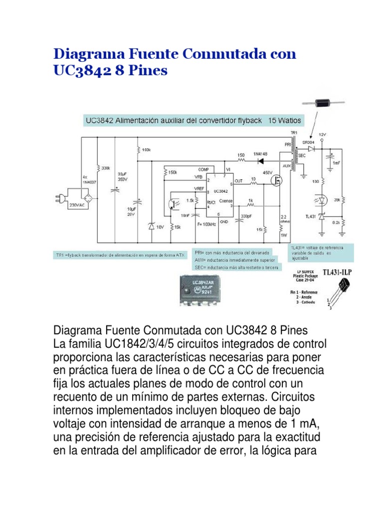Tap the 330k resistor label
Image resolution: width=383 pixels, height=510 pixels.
[x=105, y=169]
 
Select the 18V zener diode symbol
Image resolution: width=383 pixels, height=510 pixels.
[x=151, y=227]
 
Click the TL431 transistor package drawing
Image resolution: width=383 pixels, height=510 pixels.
[x=341, y=288]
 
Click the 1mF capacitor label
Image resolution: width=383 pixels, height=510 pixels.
[x=338, y=163]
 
